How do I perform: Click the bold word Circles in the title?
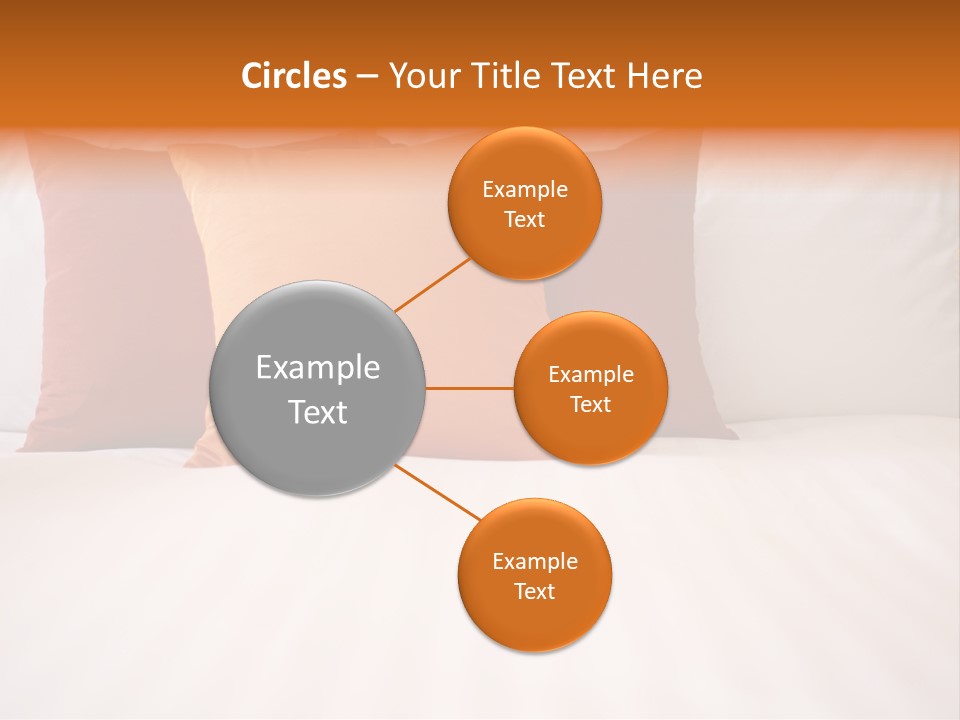click(294, 76)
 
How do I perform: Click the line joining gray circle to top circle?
click(432, 284)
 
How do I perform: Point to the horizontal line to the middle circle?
click(469, 388)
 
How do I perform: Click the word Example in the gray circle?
click(318, 368)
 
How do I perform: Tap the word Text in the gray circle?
click(318, 412)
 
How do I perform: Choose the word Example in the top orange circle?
click(525, 189)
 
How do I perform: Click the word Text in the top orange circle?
click(525, 219)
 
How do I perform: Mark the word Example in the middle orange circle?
click(591, 374)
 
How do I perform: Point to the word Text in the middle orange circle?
click(591, 404)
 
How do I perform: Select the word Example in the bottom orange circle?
click(535, 561)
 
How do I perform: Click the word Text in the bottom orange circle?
click(535, 591)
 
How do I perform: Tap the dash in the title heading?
click(367, 76)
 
